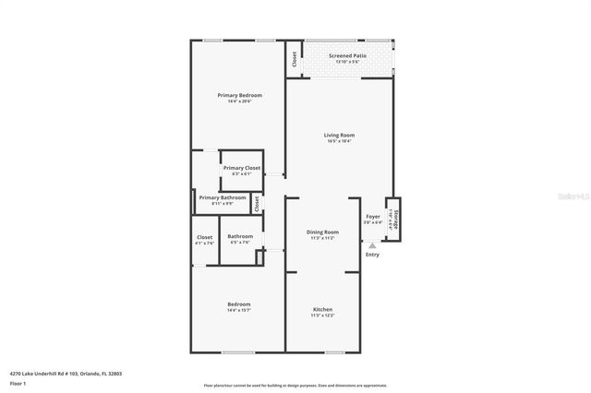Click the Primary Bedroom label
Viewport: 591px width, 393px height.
click(240, 96)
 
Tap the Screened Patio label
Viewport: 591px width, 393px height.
click(347, 56)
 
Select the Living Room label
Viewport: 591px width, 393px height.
click(340, 135)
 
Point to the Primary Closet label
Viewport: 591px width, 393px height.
click(241, 168)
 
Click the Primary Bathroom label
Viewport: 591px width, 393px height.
click(223, 197)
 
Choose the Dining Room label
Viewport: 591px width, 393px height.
click(323, 232)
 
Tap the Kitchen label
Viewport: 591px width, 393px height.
click(322, 309)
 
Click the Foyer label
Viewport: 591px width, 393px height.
click(372, 217)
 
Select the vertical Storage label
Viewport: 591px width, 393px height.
click(397, 219)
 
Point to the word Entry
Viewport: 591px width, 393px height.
click(372, 255)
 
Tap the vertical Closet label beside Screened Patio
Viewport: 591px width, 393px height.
click(295, 59)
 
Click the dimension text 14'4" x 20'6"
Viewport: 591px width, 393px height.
click(240, 101)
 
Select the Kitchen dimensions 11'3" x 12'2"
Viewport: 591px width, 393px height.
click(322, 316)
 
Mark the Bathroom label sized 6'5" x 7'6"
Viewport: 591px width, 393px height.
click(240, 237)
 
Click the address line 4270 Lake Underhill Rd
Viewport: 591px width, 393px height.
click(66, 374)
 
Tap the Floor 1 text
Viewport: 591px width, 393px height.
click(18, 383)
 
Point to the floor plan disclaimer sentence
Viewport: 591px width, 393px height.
click(295, 386)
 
